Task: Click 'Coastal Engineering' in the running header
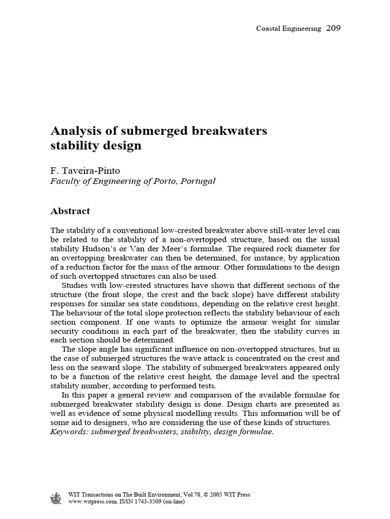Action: point(288,29)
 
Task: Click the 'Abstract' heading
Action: point(71,211)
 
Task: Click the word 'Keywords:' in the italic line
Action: point(70,432)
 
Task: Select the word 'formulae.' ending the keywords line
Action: point(256,432)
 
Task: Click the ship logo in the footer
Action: point(55,498)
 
